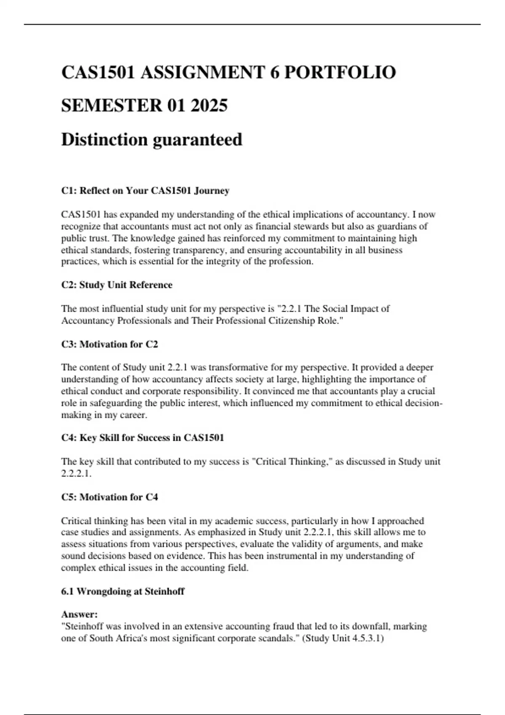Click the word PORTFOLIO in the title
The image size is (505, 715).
pos(340,72)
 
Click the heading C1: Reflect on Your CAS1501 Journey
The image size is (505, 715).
pos(145,191)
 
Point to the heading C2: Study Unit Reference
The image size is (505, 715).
pos(117,285)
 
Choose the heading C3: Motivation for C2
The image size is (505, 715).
pos(109,344)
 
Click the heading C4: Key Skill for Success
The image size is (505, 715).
pos(142,438)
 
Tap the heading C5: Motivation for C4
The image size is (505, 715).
pos(109,497)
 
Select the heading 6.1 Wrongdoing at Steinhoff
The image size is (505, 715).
pos(122,591)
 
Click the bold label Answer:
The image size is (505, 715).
pos(79,614)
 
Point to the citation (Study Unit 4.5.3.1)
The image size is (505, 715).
pos(343,638)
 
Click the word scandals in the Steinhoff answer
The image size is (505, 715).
pos(280,638)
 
